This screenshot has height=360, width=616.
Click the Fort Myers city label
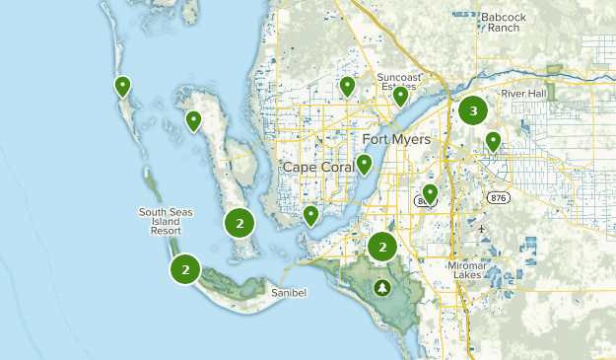click(396, 139)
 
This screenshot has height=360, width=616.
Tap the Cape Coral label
click(318, 167)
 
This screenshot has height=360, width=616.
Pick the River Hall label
click(524, 94)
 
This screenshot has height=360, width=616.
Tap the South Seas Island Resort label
click(166, 224)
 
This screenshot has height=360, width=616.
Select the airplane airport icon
click(483, 230)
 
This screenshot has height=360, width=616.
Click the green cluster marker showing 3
click(473, 111)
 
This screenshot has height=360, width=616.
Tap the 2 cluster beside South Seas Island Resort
click(185, 268)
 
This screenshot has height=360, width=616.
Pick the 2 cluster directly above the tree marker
click(382, 246)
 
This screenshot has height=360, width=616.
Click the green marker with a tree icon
click(381, 288)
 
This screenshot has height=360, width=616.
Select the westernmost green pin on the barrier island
click(122, 86)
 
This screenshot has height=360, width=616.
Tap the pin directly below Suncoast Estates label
click(400, 96)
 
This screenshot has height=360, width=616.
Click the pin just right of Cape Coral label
click(364, 164)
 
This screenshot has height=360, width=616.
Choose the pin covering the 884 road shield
click(430, 192)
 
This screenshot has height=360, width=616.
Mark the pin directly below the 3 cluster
click(493, 141)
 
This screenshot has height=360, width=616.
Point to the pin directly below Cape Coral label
click(310, 215)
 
